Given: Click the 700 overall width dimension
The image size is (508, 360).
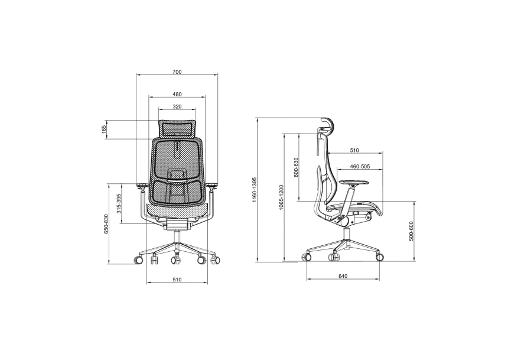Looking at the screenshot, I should click(x=177, y=72).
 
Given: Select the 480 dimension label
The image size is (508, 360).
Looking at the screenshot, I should click(x=177, y=94).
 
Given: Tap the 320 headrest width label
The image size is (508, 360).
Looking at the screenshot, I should click(x=177, y=107).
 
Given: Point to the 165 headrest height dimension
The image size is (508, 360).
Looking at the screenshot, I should click(x=104, y=129).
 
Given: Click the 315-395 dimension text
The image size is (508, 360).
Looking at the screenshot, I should click(x=119, y=203).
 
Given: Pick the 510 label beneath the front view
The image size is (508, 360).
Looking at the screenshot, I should click(x=177, y=279).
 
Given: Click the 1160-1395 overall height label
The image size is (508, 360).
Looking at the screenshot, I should click(x=254, y=189).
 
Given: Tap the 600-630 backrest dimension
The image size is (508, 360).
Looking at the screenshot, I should click(x=296, y=168).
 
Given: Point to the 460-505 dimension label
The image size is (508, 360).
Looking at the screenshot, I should click(x=360, y=167).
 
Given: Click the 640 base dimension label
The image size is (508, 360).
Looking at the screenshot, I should click(x=343, y=275).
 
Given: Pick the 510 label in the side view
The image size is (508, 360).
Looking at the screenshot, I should click(x=354, y=150).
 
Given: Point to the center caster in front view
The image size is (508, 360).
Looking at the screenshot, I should click(x=175, y=260).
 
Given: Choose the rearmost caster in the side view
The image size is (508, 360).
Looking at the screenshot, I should click(x=307, y=257).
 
